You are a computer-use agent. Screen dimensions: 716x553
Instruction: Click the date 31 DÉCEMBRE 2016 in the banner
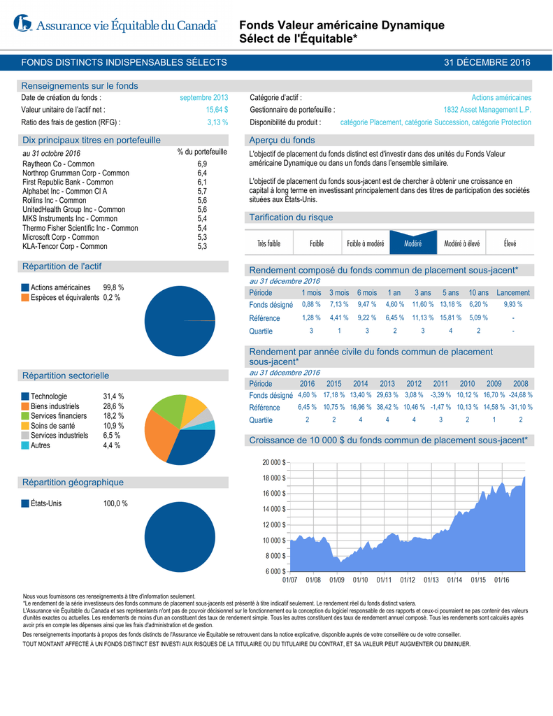[487, 63]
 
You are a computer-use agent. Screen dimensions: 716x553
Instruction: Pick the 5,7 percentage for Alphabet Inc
[202, 191]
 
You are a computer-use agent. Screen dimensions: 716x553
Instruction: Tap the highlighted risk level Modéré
[412, 243]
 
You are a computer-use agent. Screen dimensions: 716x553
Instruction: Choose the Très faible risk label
[268, 243]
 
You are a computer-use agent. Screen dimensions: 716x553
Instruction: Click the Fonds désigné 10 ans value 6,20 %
[478, 305]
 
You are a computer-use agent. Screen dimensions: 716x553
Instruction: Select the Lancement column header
[513, 292]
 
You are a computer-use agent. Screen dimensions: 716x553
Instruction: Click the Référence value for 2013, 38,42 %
[387, 407]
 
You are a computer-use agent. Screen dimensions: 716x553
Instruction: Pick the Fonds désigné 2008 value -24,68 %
[520, 395]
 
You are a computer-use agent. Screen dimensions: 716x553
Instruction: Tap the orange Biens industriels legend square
[25, 406]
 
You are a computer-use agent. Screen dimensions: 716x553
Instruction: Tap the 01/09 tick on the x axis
[337, 580]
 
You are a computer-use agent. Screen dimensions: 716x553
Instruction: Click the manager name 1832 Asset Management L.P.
[487, 110]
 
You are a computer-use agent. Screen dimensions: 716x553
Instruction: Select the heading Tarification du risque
[291, 217]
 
